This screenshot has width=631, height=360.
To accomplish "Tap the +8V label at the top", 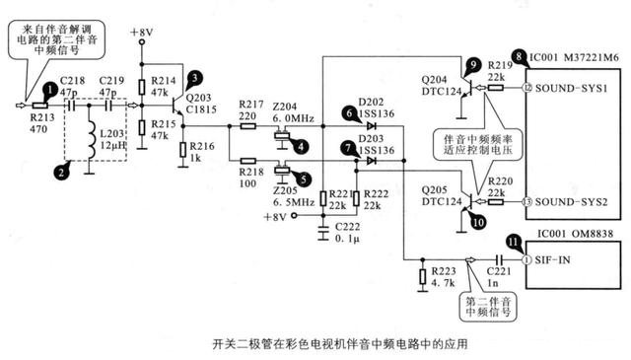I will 142,33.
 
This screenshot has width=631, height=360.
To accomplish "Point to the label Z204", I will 284,105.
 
